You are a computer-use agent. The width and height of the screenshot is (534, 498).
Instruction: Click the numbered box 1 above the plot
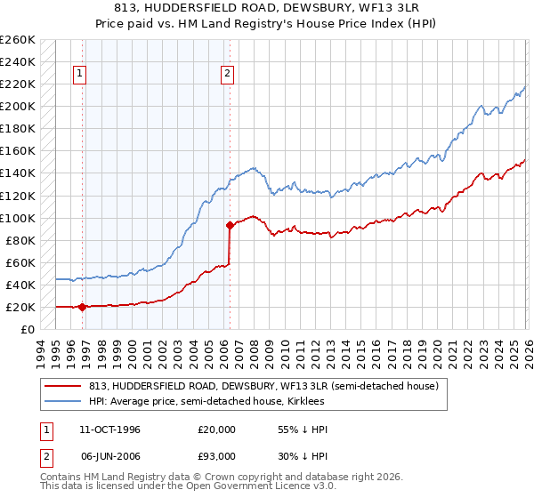pyautogui.click(x=81, y=74)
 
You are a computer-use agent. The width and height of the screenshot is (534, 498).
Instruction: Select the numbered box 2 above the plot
pyautogui.click(x=228, y=74)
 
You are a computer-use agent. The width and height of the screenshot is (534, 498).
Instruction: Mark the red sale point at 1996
pyautogui.click(x=83, y=307)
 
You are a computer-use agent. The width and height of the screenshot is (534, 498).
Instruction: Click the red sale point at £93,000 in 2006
pyautogui.click(x=230, y=226)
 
